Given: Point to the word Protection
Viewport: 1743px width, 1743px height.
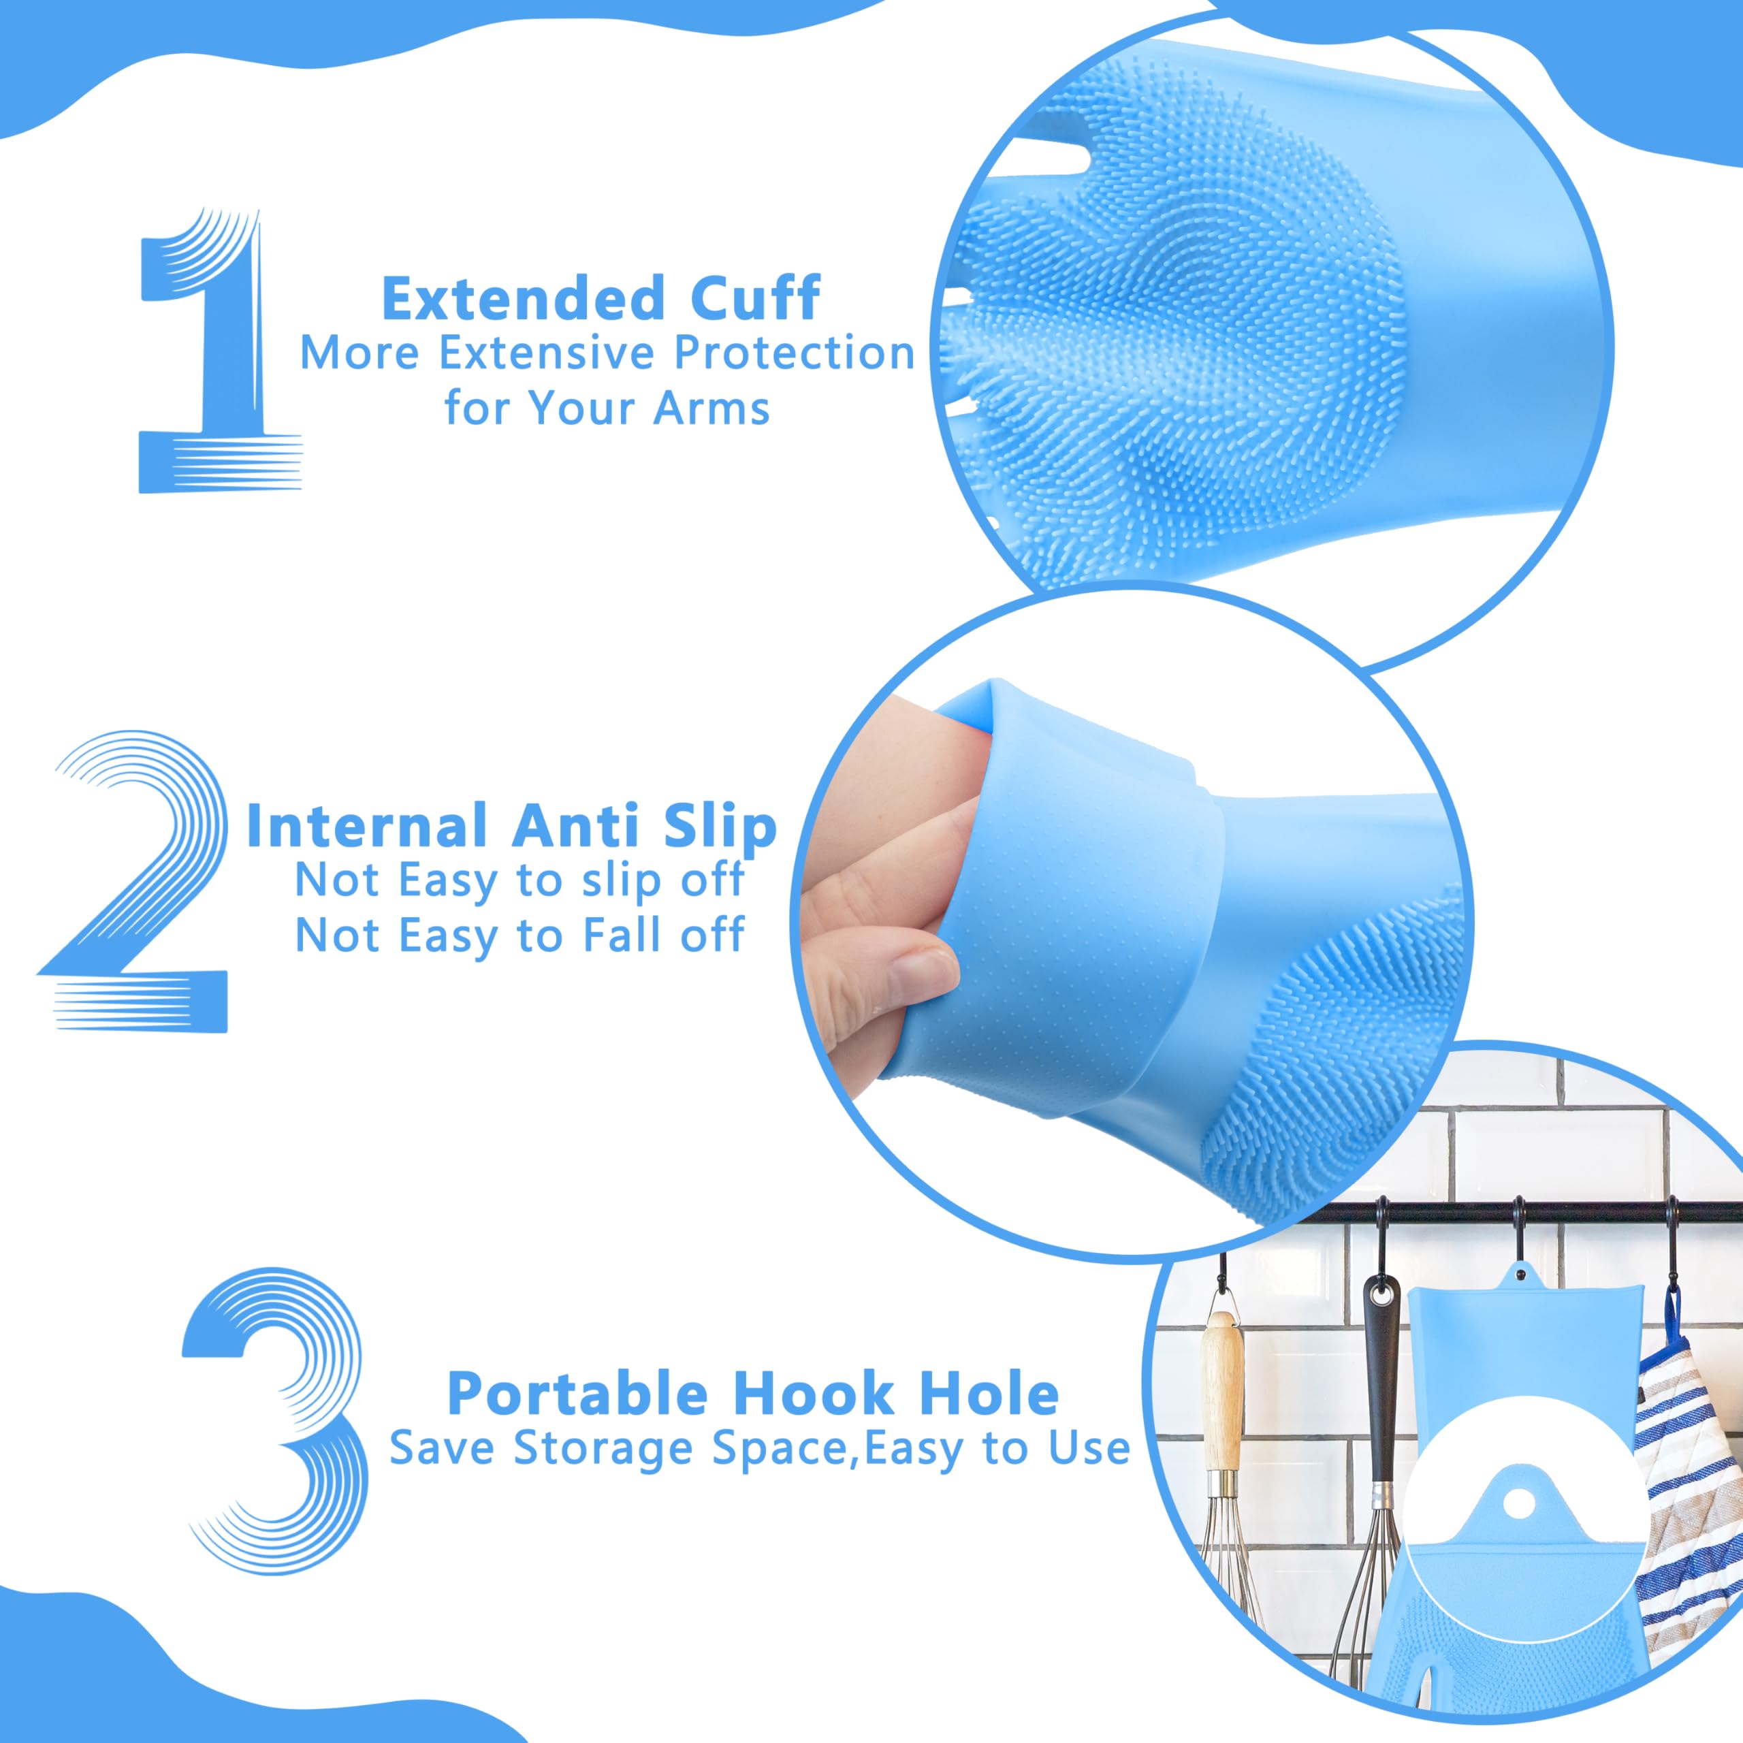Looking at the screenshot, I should pos(795,353).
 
